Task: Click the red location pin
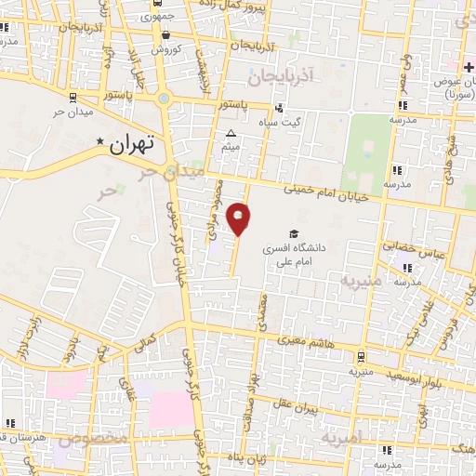click(239, 218)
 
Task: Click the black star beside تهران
click(100, 141)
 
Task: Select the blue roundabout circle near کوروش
click(165, 98)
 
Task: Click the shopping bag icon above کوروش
click(165, 34)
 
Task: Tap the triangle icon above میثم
click(231, 134)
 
